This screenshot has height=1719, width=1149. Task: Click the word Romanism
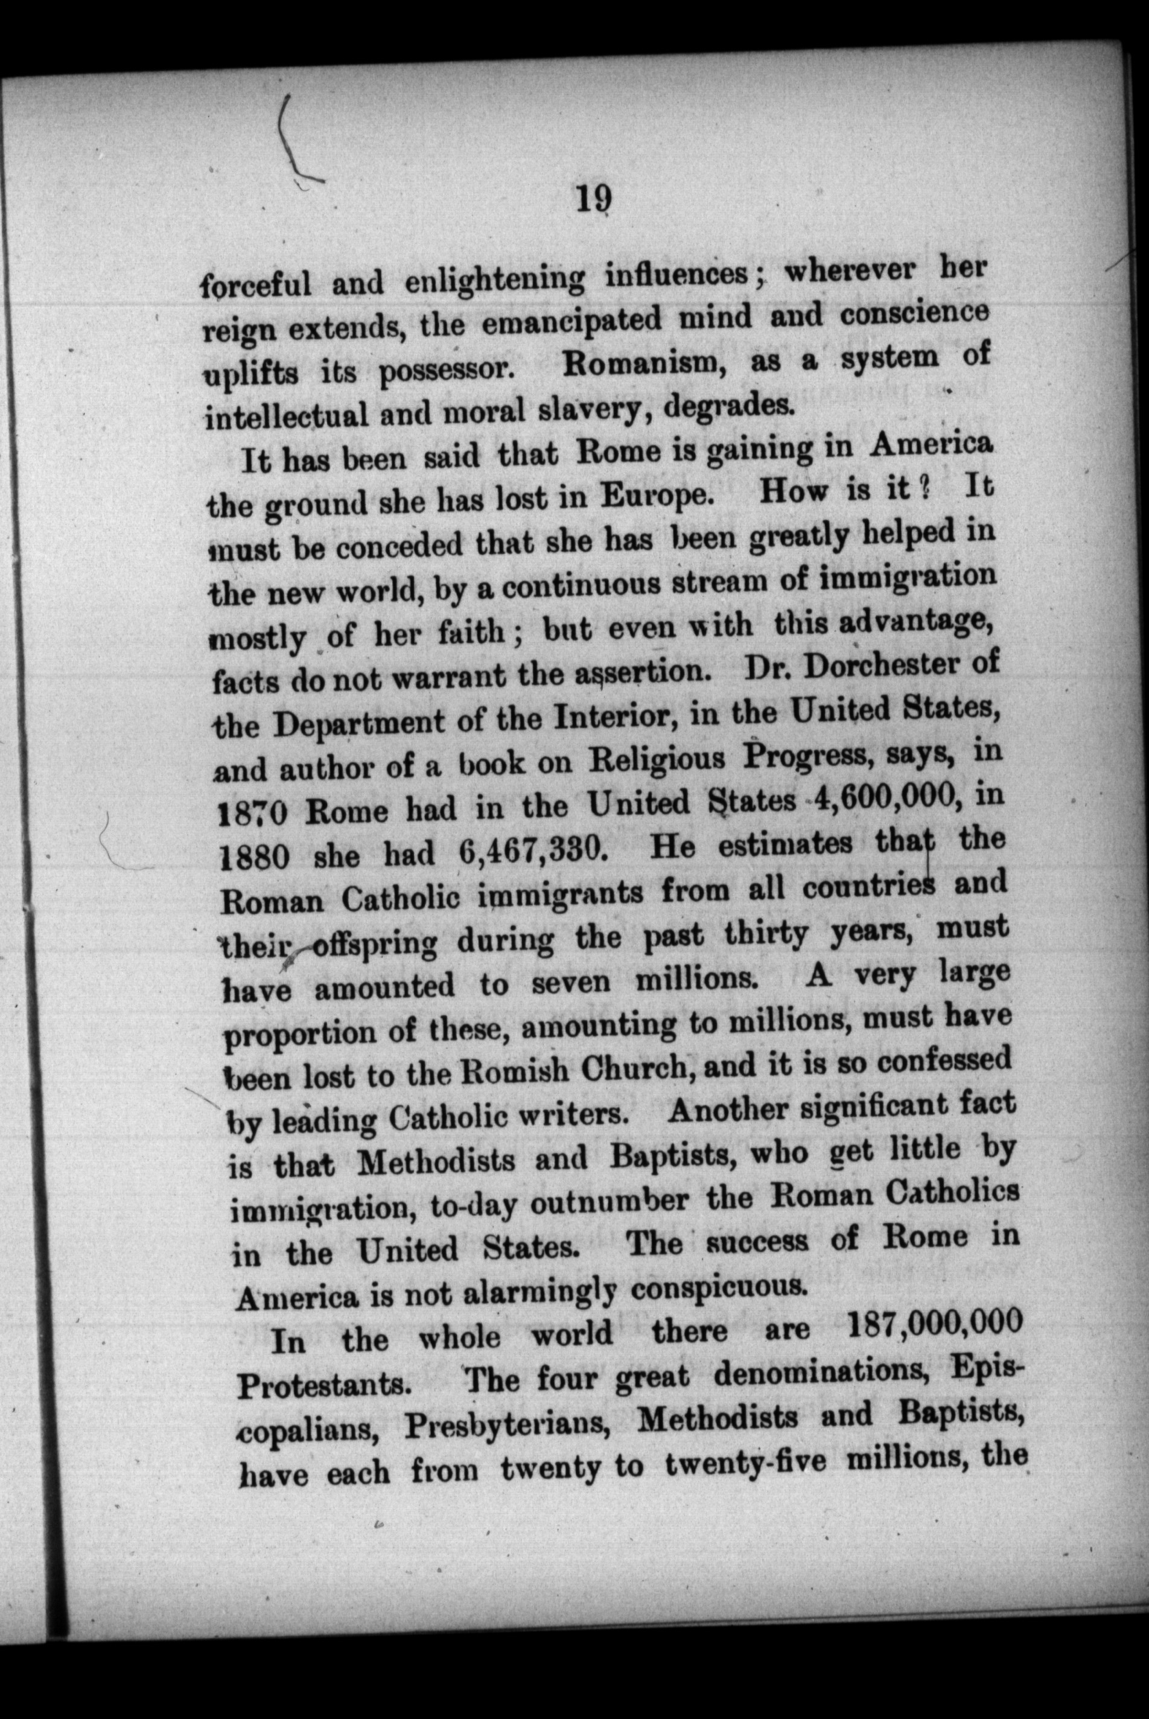click(x=643, y=364)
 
